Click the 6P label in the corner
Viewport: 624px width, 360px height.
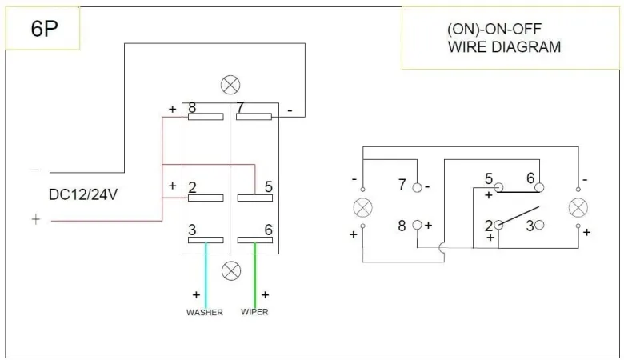(44, 30)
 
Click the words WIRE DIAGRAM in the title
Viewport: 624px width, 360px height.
(504, 47)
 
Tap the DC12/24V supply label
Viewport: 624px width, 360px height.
(84, 194)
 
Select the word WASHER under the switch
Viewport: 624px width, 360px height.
(205, 312)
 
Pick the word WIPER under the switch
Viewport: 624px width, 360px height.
(254, 312)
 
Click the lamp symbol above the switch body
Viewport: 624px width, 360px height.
(230, 85)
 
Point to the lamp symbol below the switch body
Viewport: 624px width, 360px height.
(230, 270)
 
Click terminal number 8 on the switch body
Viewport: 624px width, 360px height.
(191, 107)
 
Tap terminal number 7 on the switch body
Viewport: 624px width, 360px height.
(240, 107)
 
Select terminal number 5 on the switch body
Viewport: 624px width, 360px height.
(269, 187)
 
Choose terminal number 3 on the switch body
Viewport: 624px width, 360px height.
(192, 230)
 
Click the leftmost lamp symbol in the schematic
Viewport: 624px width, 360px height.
(362, 208)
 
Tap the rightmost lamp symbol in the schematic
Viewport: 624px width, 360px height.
(578, 208)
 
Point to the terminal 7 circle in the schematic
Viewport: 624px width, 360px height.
(417, 188)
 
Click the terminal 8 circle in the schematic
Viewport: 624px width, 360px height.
(417, 226)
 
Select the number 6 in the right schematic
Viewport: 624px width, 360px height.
(530, 178)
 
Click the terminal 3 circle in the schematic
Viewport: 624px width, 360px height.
(538, 226)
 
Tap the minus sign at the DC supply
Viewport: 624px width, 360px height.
(34, 170)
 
